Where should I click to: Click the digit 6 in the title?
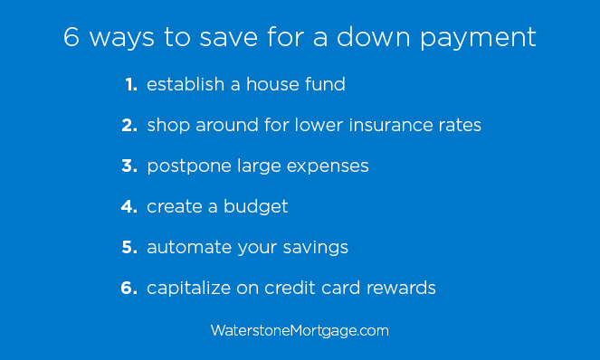(x=72, y=38)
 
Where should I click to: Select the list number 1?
(x=130, y=85)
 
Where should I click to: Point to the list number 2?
(x=129, y=126)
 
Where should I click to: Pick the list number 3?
(x=129, y=166)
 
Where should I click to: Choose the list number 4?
(x=129, y=207)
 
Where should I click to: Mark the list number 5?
(x=129, y=248)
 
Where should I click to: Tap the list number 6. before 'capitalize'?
(x=129, y=289)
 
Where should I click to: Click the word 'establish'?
(x=184, y=85)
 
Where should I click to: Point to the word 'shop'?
(x=168, y=127)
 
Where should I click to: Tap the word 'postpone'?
(x=186, y=167)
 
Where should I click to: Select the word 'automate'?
(x=186, y=248)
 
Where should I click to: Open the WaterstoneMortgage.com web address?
(x=300, y=331)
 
